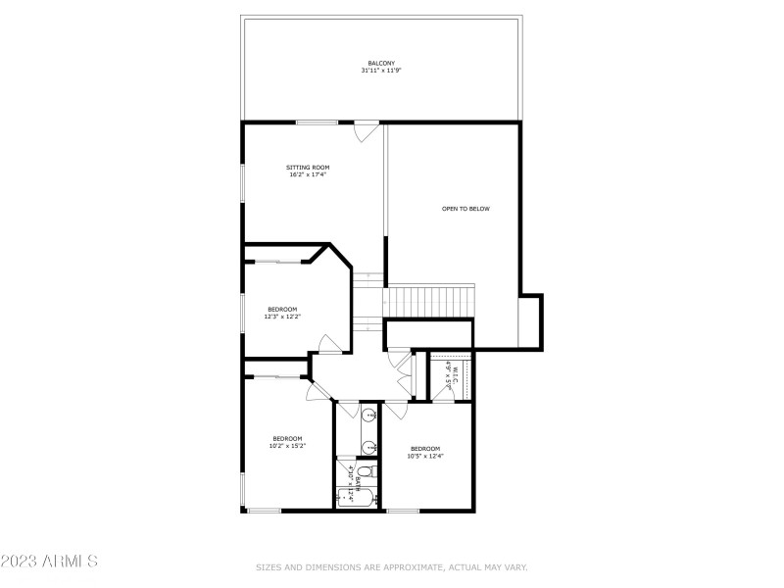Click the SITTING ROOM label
tap(308, 168)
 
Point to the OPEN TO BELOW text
tap(465, 209)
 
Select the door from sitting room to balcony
tap(367, 130)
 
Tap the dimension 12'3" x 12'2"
tap(282, 317)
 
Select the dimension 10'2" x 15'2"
tap(287, 446)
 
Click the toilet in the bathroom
tap(363, 474)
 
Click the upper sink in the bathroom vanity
tap(368, 416)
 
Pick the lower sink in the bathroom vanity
tap(368, 447)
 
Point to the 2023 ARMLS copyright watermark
tap(49, 562)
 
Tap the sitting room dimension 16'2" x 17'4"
tap(308, 175)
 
